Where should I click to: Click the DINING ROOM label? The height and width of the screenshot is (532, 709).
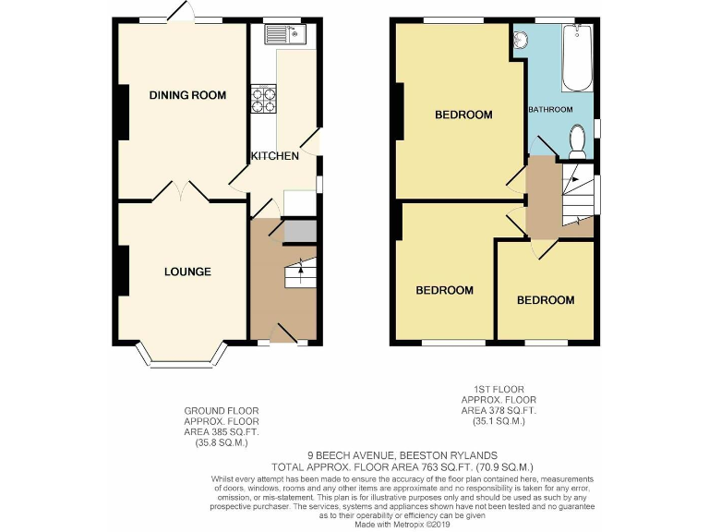[187, 95]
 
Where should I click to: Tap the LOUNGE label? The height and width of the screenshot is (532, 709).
[187, 272]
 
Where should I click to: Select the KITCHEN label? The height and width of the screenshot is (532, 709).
[275, 156]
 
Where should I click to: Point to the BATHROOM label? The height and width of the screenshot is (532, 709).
[550, 110]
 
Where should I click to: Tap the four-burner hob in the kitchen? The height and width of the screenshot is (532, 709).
[263, 100]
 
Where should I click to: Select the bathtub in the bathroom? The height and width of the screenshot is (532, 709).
[579, 57]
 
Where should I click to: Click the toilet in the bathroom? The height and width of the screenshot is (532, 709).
[579, 141]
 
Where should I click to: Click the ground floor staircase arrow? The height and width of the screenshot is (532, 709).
[299, 269]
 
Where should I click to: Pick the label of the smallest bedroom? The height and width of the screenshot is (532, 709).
[545, 300]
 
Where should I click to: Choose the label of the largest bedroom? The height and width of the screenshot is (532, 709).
[463, 115]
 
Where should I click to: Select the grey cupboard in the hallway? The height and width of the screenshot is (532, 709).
[298, 231]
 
